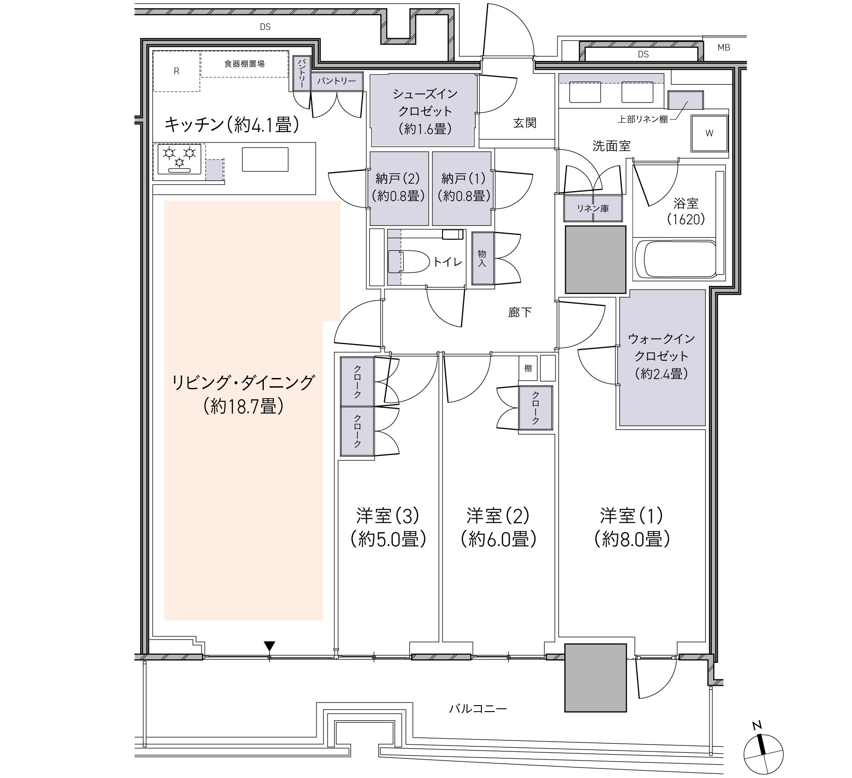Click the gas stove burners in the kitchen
[x=180, y=159]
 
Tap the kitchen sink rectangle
[x=265, y=159]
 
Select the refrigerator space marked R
[x=176, y=71]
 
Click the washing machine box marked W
[x=709, y=133]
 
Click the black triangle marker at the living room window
[x=269, y=647]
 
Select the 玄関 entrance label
[x=524, y=123]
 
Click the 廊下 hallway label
[x=520, y=312]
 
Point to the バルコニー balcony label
[x=478, y=709]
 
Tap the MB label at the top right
[x=724, y=47]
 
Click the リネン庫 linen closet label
[x=593, y=208]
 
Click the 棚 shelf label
[x=528, y=368]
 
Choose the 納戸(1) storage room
[x=462, y=188]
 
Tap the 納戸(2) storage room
[x=399, y=188]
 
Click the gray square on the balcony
[x=595, y=678]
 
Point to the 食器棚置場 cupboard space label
[x=244, y=64]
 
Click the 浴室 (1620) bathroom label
[x=686, y=211]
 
